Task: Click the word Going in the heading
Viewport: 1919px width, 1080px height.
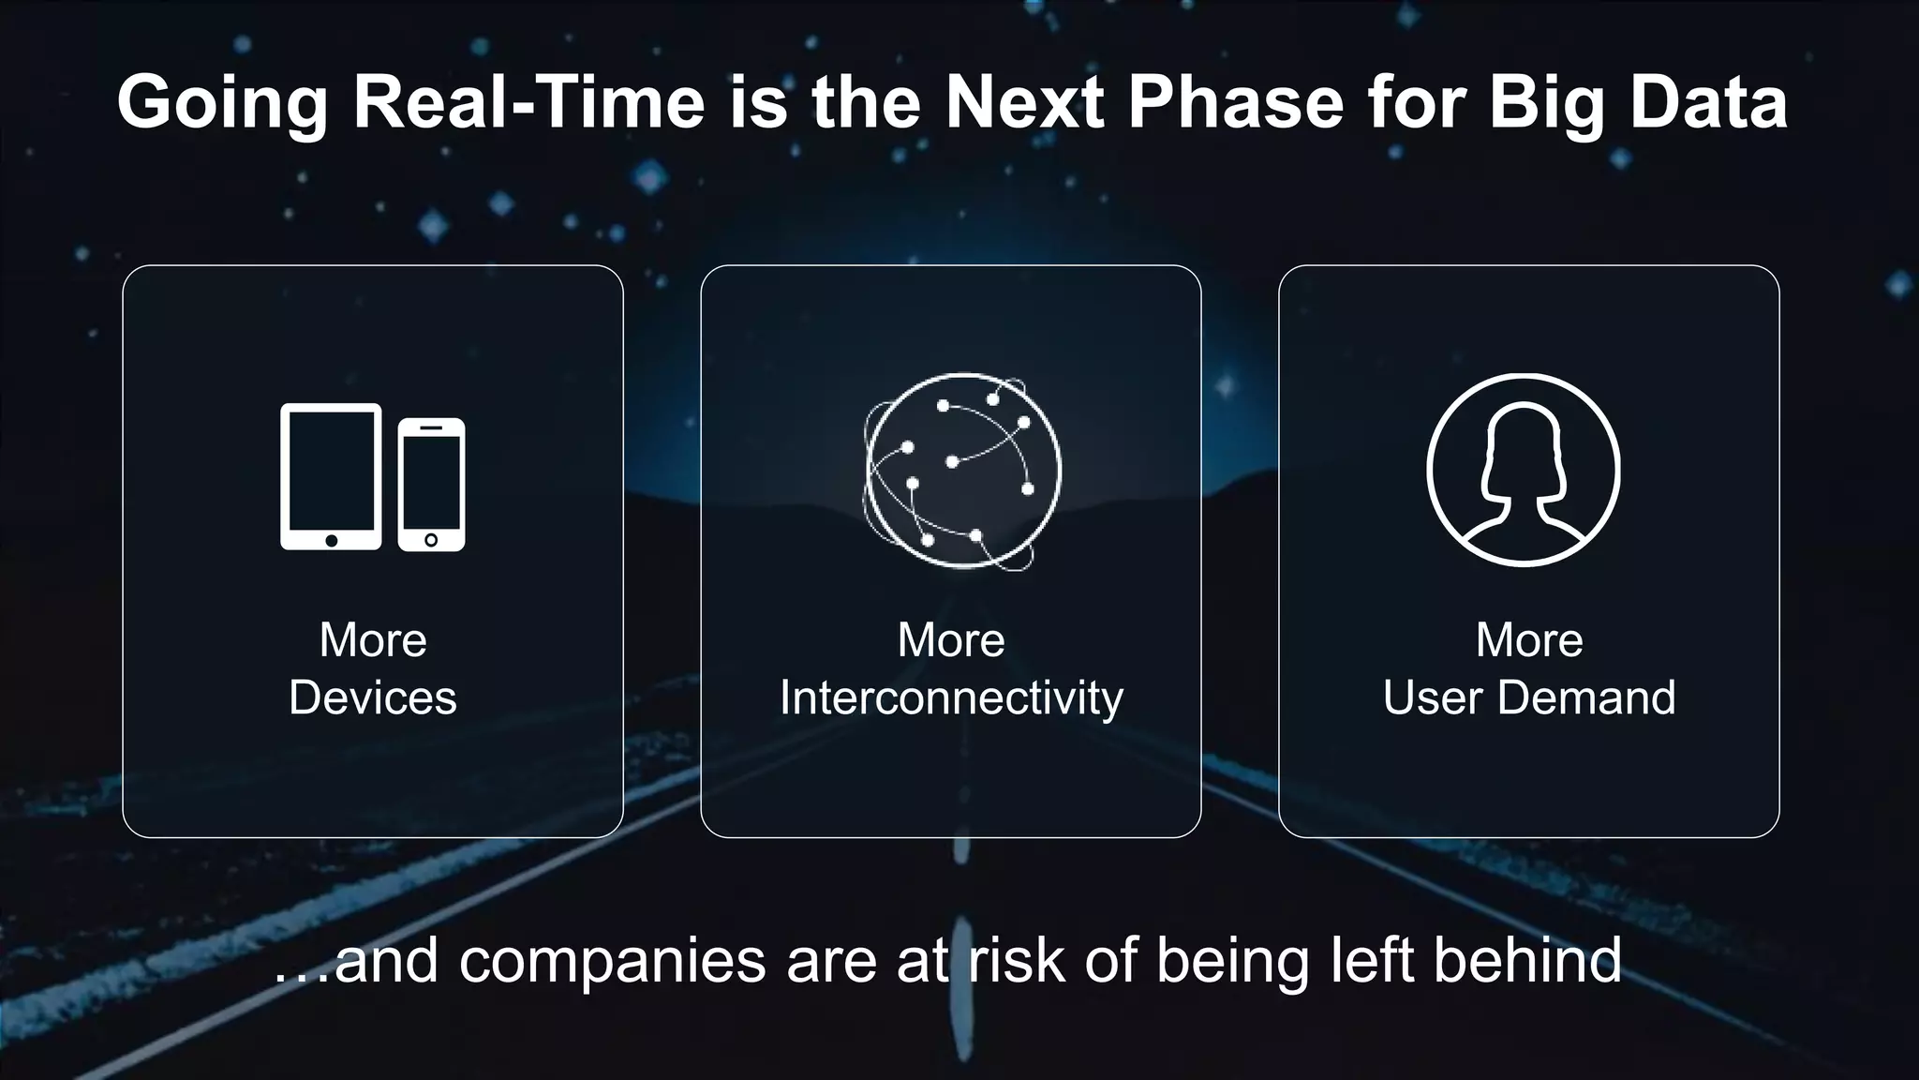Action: [x=222, y=103]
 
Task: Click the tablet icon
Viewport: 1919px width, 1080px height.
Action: [x=331, y=476]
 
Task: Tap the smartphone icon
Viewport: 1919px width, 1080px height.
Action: [x=431, y=485]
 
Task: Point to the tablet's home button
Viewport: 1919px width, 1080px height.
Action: [x=331, y=541]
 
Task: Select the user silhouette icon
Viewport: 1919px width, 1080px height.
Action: [x=1523, y=470]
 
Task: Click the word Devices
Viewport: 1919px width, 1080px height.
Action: [x=373, y=698]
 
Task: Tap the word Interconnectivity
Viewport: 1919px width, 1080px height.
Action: [x=951, y=698]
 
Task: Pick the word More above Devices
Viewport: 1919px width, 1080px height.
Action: [x=373, y=640]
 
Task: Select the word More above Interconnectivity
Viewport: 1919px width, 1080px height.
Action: [x=951, y=640]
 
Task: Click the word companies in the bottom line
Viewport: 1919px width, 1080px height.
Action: [x=612, y=962]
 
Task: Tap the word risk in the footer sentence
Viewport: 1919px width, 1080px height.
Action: [x=1016, y=960]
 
